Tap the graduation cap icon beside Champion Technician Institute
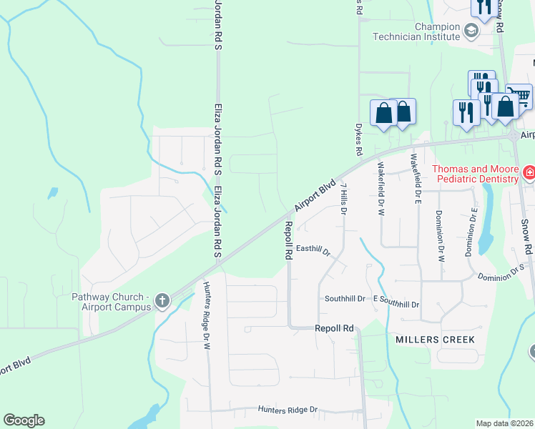pyautogui.click(x=471, y=30)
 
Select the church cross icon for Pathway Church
pyautogui.click(x=162, y=301)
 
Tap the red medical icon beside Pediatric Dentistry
pyautogui.click(x=529, y=172)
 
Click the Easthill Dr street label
pyautogui.click(x=313, y=250)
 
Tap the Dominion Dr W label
pyautogui.click(x=438, y=234)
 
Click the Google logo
pyautogui.click(x=24, y=420)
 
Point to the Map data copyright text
pyautogui.click(x=504, y=423)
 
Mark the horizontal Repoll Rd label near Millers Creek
pyautogui.click(x=335, y=328)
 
